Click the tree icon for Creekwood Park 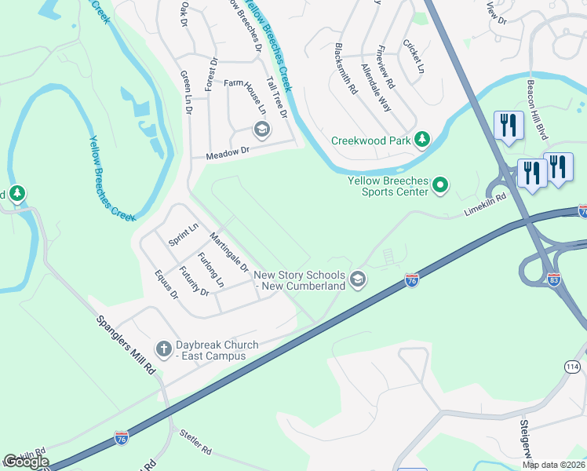point(422,140)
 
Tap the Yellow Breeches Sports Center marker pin point(440,186)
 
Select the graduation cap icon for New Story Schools point(358,280)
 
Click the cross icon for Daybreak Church point(163,348)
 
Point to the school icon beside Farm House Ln point(261,130)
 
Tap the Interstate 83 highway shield point(555,279)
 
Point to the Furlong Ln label point(211,269)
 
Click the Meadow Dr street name point(227,153)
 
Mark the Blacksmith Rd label point(346,68)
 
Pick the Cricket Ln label point(414,56)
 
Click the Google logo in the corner point(26,462)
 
